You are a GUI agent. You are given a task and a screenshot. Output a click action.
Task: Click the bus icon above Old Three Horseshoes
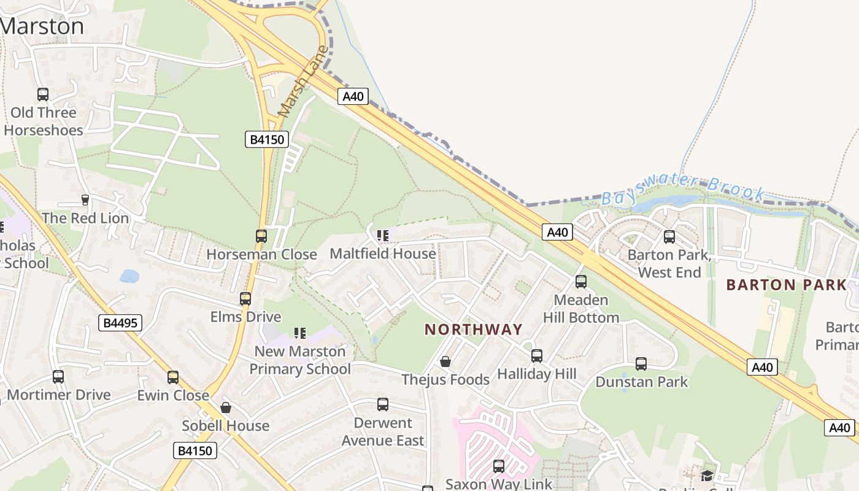(43, 95)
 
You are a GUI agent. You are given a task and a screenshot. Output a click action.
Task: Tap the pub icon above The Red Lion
(85, 199)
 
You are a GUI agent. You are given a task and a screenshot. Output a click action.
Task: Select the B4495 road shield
(120, 322)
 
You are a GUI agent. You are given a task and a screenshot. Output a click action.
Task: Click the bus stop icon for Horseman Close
(261, 236)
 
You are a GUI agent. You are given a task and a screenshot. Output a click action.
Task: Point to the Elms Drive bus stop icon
(245, 299)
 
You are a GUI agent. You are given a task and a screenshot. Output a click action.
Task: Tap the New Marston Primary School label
(300, 360)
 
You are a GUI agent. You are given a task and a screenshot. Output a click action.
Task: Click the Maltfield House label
(383, 253)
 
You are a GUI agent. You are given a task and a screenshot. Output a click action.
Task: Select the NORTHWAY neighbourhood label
(474, 330)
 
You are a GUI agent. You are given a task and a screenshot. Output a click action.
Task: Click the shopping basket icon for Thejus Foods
(445, 361)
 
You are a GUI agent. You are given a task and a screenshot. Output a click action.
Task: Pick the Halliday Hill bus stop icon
(537, 355)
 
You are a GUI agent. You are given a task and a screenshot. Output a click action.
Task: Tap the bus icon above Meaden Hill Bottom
(581, 282)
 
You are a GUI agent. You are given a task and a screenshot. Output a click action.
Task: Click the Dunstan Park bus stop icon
(641, 364)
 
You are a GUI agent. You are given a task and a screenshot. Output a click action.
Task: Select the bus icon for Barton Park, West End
(669, 236)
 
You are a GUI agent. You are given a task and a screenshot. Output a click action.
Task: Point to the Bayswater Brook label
(684, 190)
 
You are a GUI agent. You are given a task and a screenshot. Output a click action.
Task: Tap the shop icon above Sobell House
(226, 408)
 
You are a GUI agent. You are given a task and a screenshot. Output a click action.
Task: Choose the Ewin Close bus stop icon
(173, 377)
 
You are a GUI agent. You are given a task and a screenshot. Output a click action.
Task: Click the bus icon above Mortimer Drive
(58, 376)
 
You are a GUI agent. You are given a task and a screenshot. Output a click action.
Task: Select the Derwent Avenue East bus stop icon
(383, 404)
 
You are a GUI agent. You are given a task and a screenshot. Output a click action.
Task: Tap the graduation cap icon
(707, 475)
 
